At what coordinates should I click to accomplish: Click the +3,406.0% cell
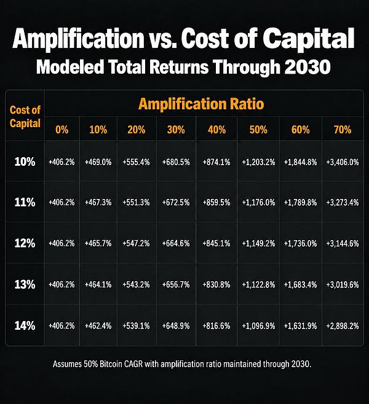coord(343,162)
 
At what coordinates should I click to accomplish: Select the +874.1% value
coord(216,162)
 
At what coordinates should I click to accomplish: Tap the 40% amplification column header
coord(216,130)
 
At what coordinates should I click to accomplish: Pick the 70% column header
coord(343,130)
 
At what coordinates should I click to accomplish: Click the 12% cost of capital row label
coord(25,243)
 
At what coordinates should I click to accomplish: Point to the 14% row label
coord(25,325)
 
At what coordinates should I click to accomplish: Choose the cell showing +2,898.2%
coord(343,326)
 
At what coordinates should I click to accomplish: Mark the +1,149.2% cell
coord(258,244)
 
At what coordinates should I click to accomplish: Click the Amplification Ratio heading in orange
coord(201,104)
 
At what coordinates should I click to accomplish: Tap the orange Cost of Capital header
coord(25,117)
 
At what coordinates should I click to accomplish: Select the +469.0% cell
coord(98,162)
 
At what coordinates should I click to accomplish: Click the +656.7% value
coord(176,285)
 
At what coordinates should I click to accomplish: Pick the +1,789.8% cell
coord(300,203)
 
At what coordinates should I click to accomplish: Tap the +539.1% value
coord(136,326)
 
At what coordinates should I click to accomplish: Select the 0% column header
coord(62,130)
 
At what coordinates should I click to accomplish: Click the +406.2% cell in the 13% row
coord(61,285)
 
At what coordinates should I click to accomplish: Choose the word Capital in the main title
coord(309,39)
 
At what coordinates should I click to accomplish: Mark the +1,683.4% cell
coord(300,285)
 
